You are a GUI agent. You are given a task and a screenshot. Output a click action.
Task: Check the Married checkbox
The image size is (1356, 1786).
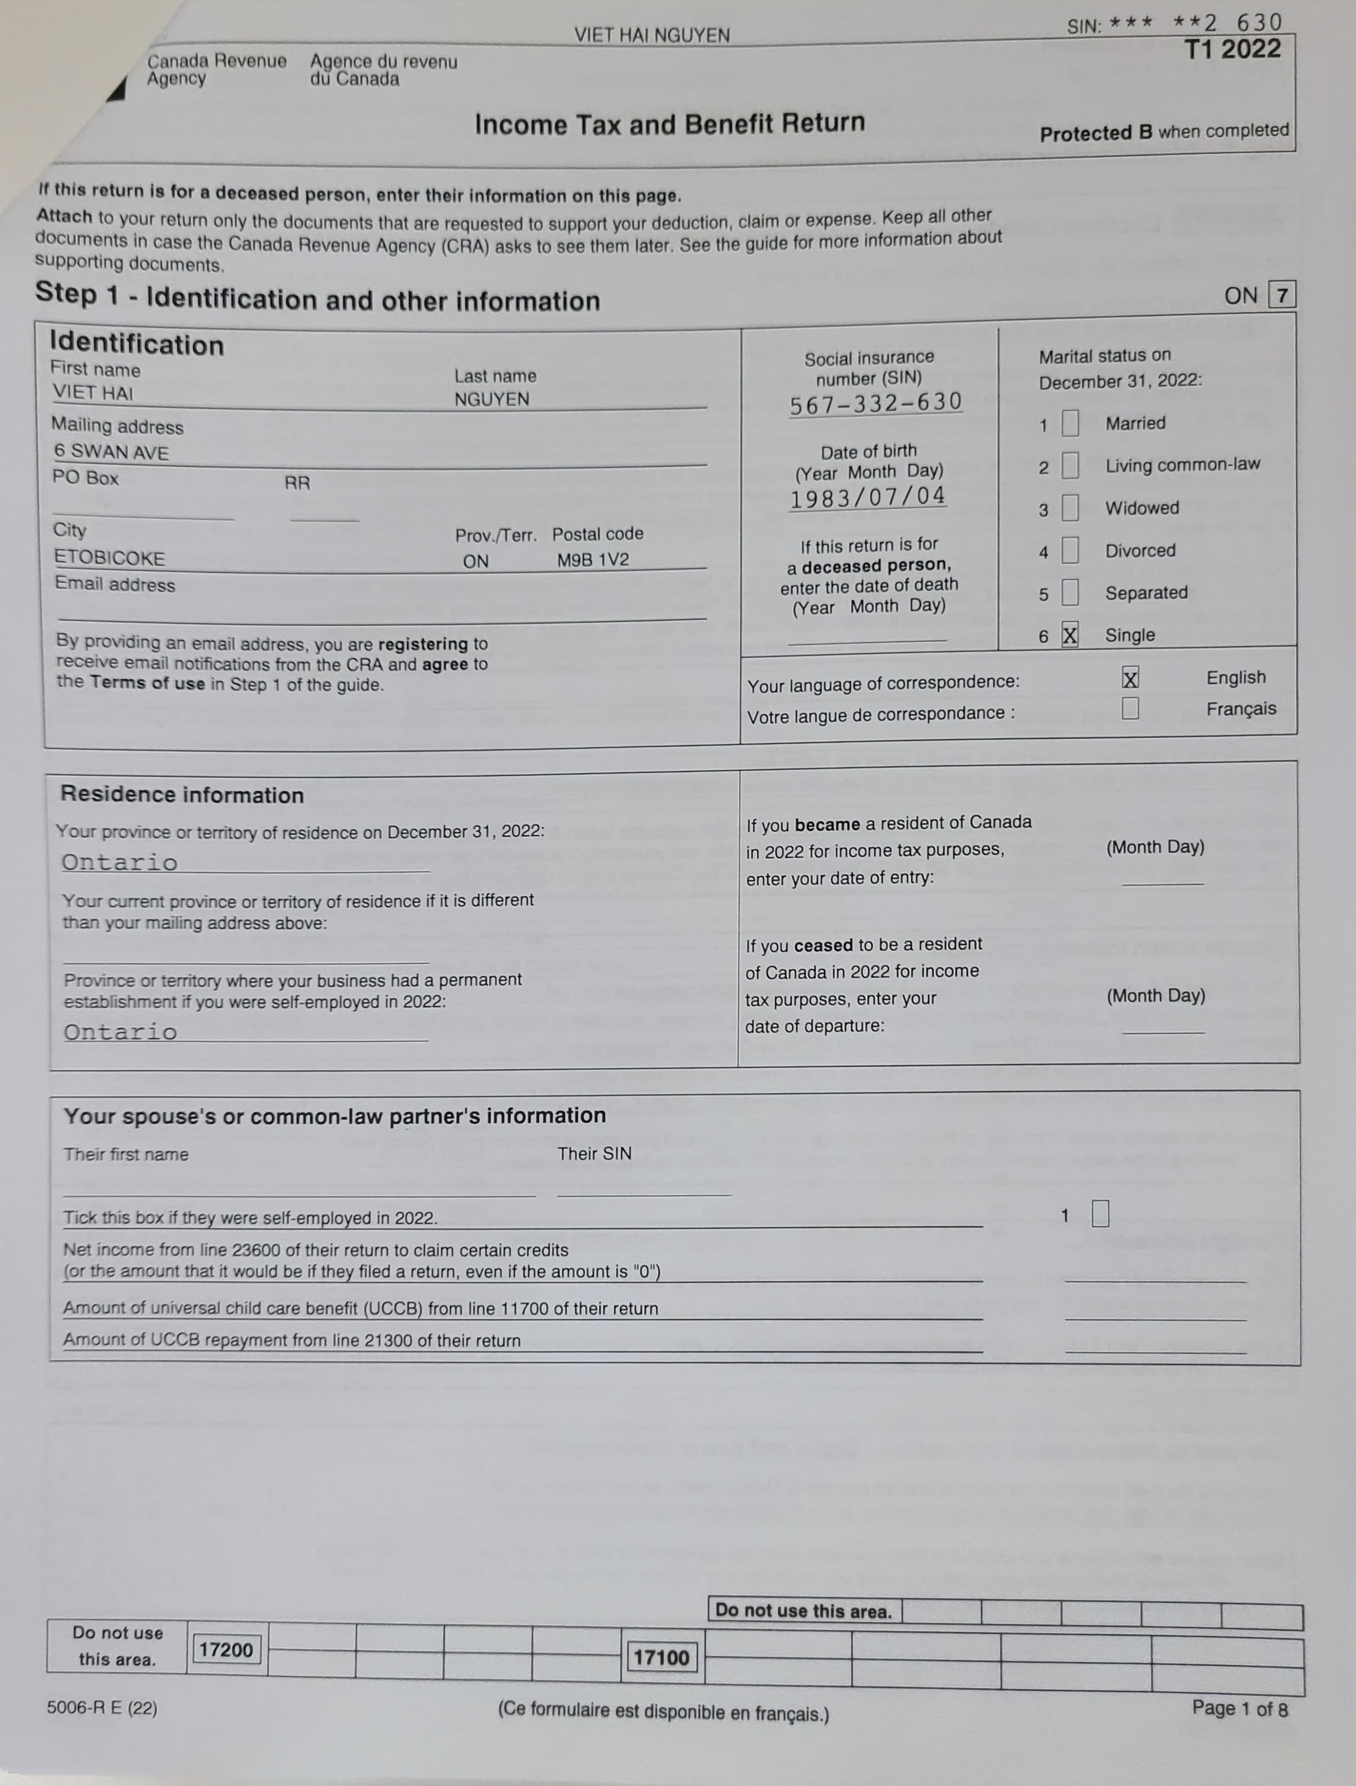[x=1070, y=422]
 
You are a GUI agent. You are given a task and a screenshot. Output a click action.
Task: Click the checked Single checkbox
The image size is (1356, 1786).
[x=1070, y=635]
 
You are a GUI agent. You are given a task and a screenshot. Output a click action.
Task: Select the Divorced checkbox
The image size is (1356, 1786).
[x=1070, y=550]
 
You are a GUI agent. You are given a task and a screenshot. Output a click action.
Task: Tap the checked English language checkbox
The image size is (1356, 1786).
[x=1130, y=678]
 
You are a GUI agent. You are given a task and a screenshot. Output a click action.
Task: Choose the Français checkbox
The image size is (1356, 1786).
[x=1130, y=708]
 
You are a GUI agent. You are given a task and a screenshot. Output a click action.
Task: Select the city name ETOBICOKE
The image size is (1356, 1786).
[x=109, y=558]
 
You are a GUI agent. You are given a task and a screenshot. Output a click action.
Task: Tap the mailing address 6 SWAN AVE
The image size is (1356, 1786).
[x=112, y=452]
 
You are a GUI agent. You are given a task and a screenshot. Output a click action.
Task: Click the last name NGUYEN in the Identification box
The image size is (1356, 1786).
[x=491, y=399]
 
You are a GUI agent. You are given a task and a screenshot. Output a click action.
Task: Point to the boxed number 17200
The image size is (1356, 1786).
[x=226, y=1650]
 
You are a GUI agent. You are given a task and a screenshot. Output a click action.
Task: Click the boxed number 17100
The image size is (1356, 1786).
[x=661, y=1658]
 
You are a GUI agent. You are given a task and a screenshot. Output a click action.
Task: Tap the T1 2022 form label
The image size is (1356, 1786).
[x=1232, y=49]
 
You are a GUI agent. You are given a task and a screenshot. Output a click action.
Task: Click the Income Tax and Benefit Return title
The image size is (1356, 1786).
[x=669, y=124]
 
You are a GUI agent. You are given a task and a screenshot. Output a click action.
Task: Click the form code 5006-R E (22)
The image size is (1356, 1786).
[x=102, y=1708]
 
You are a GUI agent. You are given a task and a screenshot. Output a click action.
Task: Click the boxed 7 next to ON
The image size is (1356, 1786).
[x=1282, y=295]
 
